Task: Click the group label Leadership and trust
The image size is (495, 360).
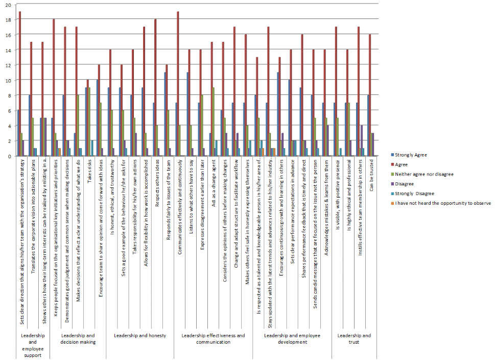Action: (x=354, y=339)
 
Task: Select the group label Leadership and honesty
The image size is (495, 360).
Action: (x=139, y=335)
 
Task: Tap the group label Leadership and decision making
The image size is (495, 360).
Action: (x=78, y=339)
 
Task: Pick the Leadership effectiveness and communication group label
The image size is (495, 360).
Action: (x=213, y=339)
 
